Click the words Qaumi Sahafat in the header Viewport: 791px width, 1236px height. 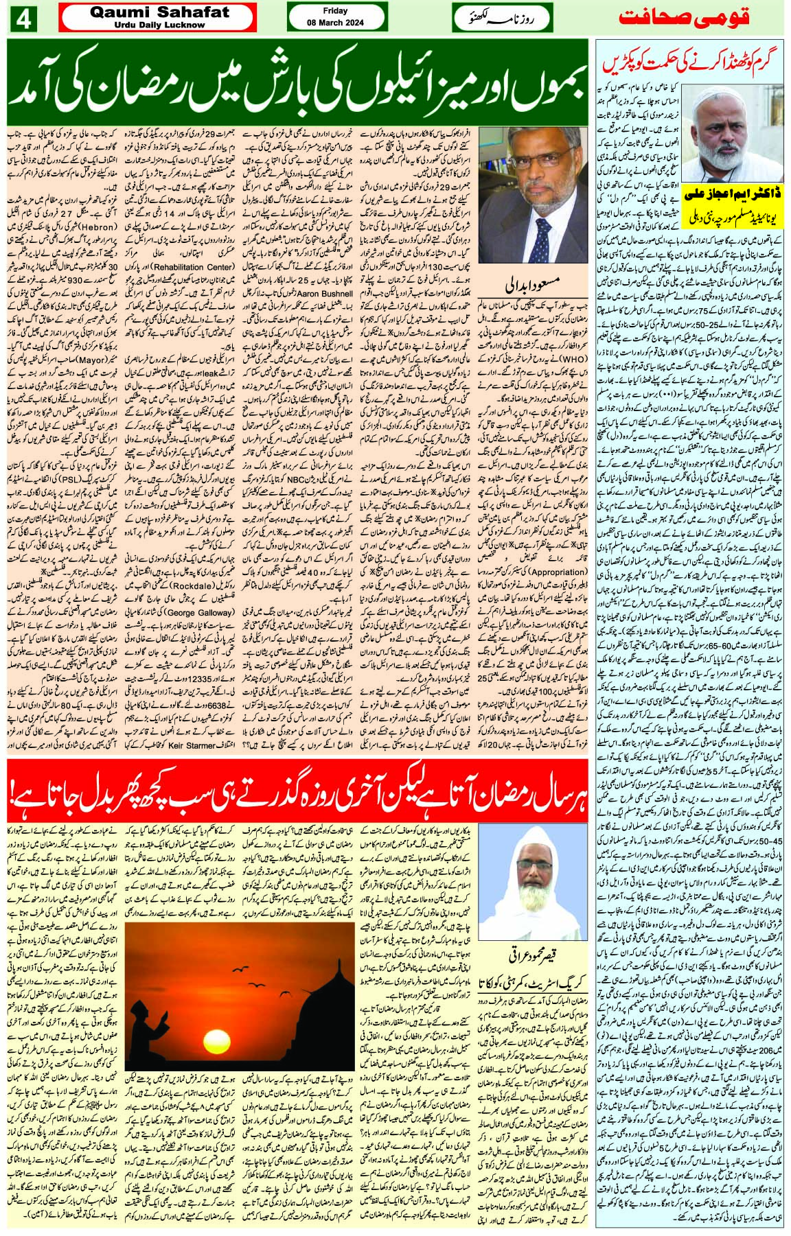[158, 13]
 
